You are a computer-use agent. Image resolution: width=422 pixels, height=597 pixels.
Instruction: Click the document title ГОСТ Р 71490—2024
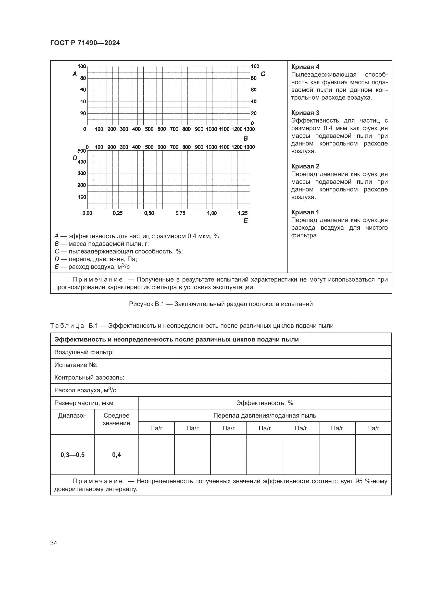pyautogui.click(x=85, y=43)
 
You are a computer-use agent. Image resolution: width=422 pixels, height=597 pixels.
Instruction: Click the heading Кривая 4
pyautogui.click(x=305, y=67)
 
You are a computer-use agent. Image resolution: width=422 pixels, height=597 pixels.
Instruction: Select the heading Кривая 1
pyautogui.click(x=305, y=212)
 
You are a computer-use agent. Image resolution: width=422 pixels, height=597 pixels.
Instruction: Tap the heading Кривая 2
pyautogui.click(x=305, y=166)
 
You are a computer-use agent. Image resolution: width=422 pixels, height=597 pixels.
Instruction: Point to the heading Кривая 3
pyautogui.click(x=305, y=113)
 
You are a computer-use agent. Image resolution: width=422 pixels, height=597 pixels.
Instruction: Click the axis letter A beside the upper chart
pyautogui.click(x=75, y=74)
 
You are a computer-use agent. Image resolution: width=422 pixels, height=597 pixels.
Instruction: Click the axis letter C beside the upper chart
pyautogui.click(x=263, y=74)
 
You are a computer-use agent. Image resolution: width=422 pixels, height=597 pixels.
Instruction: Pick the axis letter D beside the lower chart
pyautogui.click(x=75, y=158)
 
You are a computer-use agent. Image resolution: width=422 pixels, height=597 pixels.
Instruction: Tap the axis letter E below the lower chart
pyautogui.click(x=245, y=221)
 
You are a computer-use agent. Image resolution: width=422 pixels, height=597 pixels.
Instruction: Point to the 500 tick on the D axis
pyautogui.click(x=82, y=151)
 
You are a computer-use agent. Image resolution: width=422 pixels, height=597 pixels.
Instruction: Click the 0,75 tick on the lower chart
pyautogui.click(x=180, y=213)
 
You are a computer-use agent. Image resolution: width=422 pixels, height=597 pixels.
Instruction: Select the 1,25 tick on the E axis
pyautogui.click(x=243, y=213)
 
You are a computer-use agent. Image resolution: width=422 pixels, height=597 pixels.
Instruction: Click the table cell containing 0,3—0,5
pyautogui.click(x=72, y=455)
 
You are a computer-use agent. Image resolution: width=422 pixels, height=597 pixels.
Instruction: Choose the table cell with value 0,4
pyautogui.click(x=116, y=455)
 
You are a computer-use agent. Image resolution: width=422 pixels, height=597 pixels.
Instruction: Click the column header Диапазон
pyautogui.click(x=72, y=416)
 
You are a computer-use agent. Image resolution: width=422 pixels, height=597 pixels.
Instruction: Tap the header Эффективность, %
pyautogui.click(x=265, y=403)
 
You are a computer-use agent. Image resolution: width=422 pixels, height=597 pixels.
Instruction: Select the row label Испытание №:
pyautogui.click(x=76, y=365)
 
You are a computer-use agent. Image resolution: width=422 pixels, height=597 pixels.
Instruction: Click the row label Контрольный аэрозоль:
pyautogui.click(x=89, y=377)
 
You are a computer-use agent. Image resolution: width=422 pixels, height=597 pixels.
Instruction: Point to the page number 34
pyautogui.click(x=54, y=543)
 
